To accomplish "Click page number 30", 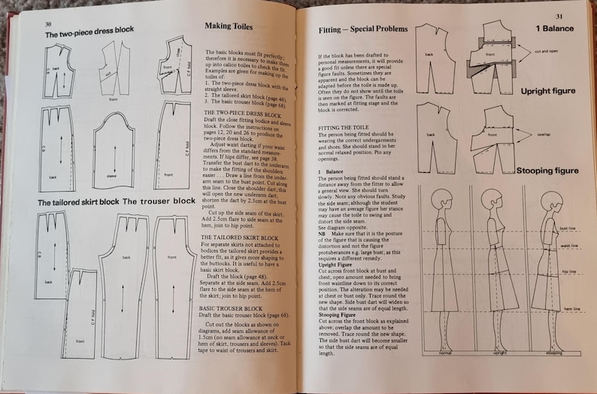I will click(x=48, y=23).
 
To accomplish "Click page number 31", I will click(x=558, y=16).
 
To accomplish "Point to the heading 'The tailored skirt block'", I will click(x=78, y=203).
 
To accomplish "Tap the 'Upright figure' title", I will click(x=547, y=91).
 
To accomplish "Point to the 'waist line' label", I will click(x=569, y=245).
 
